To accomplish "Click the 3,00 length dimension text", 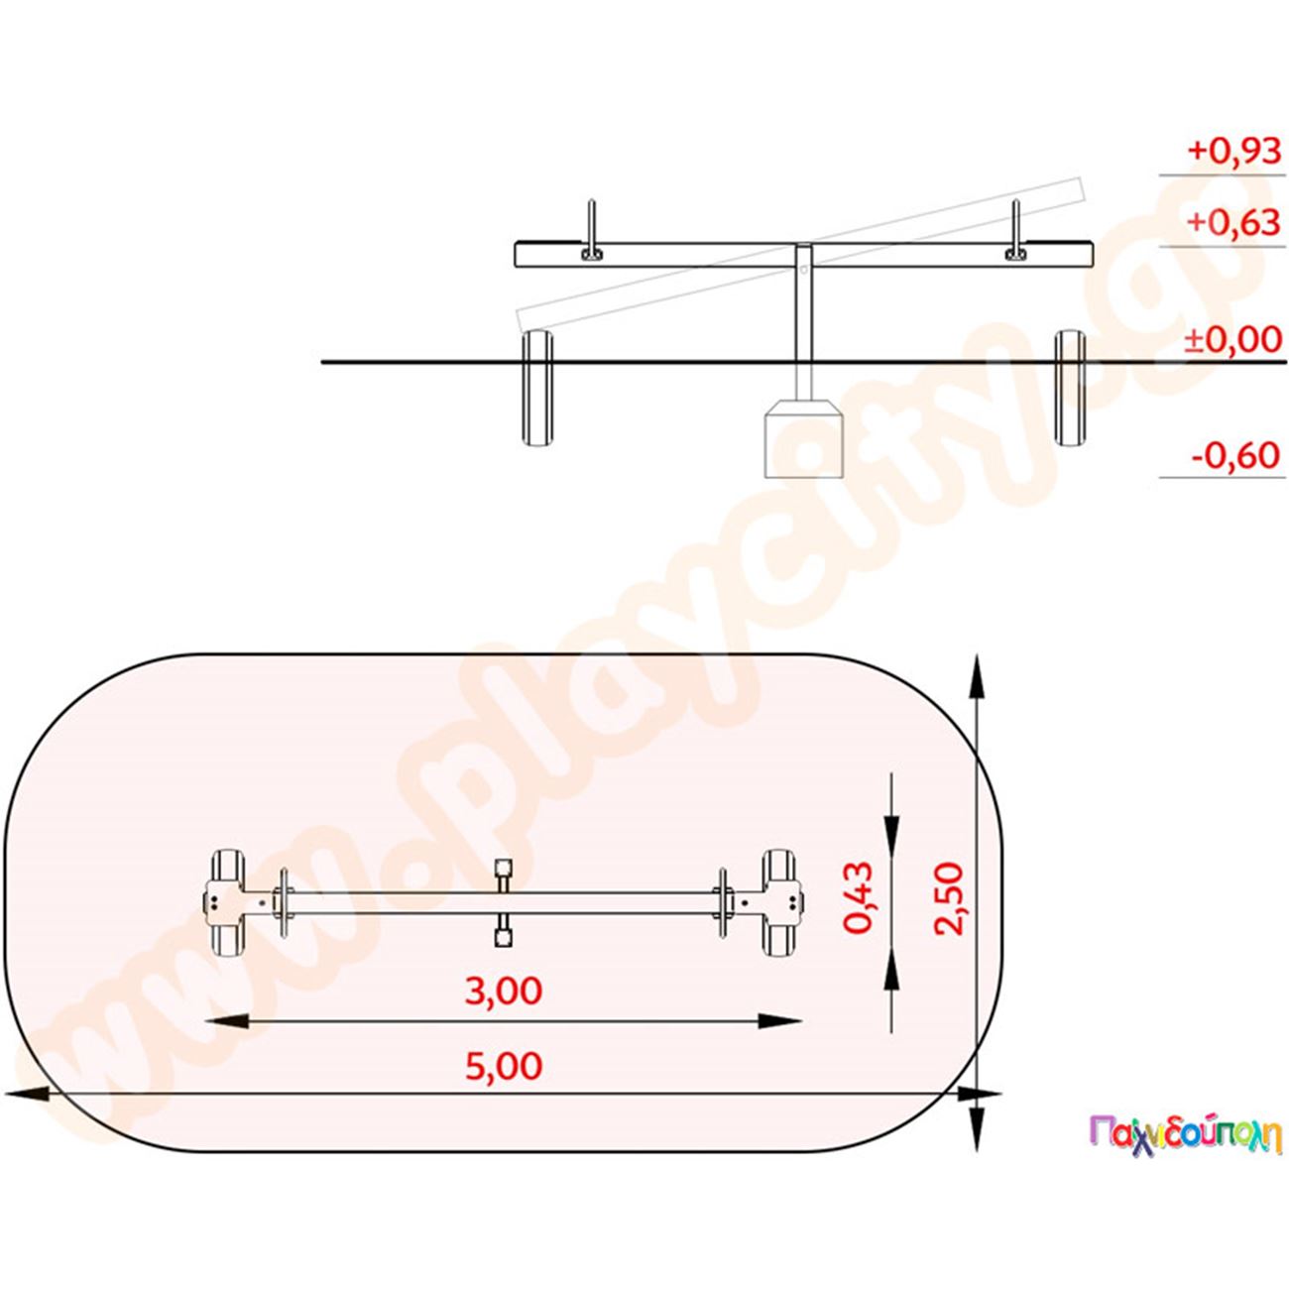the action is click(503, 991).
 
